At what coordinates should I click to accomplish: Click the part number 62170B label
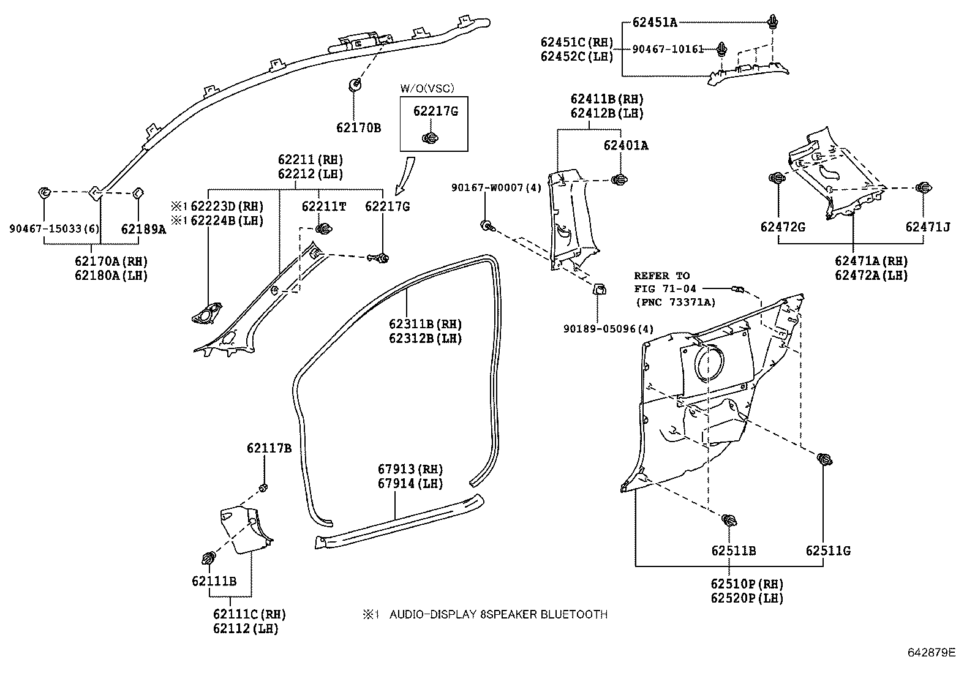point(358,128)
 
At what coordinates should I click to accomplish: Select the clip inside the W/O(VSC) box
point(431,137)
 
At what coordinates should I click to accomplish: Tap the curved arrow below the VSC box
point(404,175)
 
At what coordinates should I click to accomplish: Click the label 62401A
point(625,146)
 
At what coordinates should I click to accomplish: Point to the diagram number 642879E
point(931,653)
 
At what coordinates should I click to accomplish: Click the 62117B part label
point(269,448)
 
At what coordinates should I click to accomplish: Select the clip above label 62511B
point(729,521)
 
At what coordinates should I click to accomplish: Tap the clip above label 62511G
point(825,458)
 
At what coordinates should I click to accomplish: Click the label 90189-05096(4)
point(609,329)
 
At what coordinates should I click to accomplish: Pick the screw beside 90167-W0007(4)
point(487,226)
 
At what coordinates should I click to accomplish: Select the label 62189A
point(143,230)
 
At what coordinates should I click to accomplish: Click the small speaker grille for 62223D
point(205,315)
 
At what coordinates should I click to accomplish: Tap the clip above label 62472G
point(777,178)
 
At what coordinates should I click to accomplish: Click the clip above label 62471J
point(923,188)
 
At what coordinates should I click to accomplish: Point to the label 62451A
point(655,23)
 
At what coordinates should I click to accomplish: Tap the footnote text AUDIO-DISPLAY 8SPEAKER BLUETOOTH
point(498,614)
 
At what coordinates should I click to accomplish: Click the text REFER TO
point(661,276)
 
